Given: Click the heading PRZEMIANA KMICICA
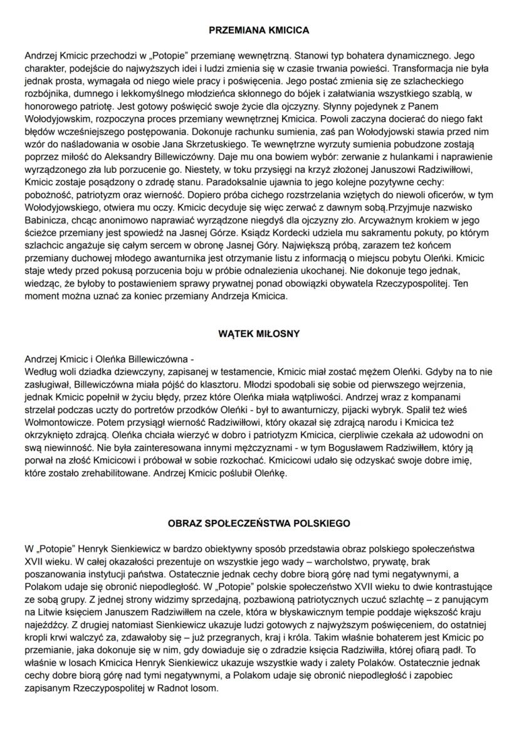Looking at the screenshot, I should (259, 29).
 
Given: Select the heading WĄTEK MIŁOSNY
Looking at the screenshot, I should (259, 334).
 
